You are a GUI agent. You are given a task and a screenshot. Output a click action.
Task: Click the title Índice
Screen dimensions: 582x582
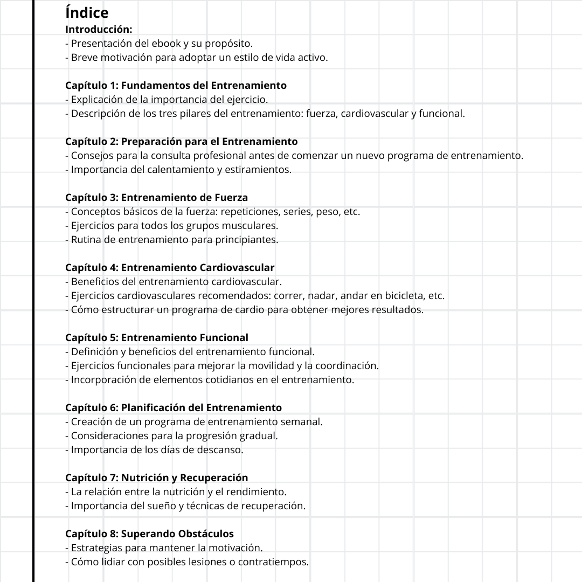[x=87, y=12]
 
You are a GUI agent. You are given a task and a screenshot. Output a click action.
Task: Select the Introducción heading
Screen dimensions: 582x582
[x=99, y=29]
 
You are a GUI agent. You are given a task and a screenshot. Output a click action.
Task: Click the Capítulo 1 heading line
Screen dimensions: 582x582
[x=176, y=85]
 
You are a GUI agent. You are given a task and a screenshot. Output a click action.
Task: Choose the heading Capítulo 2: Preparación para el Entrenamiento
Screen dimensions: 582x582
[x=181, y=141]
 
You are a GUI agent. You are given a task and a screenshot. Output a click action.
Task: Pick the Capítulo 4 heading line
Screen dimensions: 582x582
[x=170, y=267]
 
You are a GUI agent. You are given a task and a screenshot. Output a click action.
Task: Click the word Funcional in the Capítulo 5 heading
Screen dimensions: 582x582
[x=224, y=337]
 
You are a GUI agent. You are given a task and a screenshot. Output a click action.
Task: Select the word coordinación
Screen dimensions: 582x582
[x=348, y=366]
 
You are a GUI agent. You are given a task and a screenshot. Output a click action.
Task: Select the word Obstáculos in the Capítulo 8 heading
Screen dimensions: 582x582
[x=204, y=533]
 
